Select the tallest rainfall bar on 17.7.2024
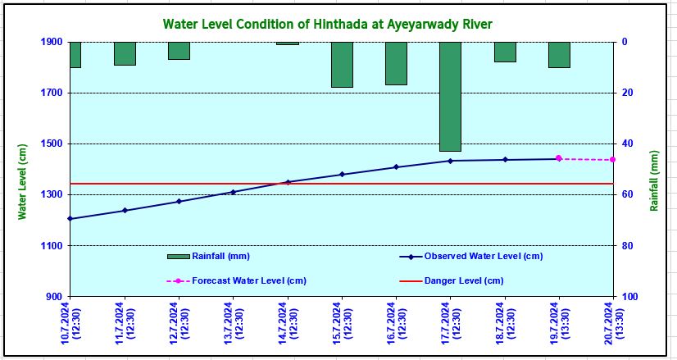pyautogui.click(x=450, y=97)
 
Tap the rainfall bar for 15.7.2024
pyautogui.click(x=342, y=65)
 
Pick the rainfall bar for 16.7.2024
pyautogui.click(x=396, y=63)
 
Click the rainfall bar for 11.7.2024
pyautogui.click(x=125, y=53)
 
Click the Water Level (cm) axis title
pyautogui.click(x=23, y=180)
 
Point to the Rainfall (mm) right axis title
pyautogui.click(x=654, y=180)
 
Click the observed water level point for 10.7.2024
pyautogui.click(x=70, y=219)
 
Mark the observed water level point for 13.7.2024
pyautogui.click(x=234, y=193)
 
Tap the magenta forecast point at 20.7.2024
pyautogui.click(x=612, y=160)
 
